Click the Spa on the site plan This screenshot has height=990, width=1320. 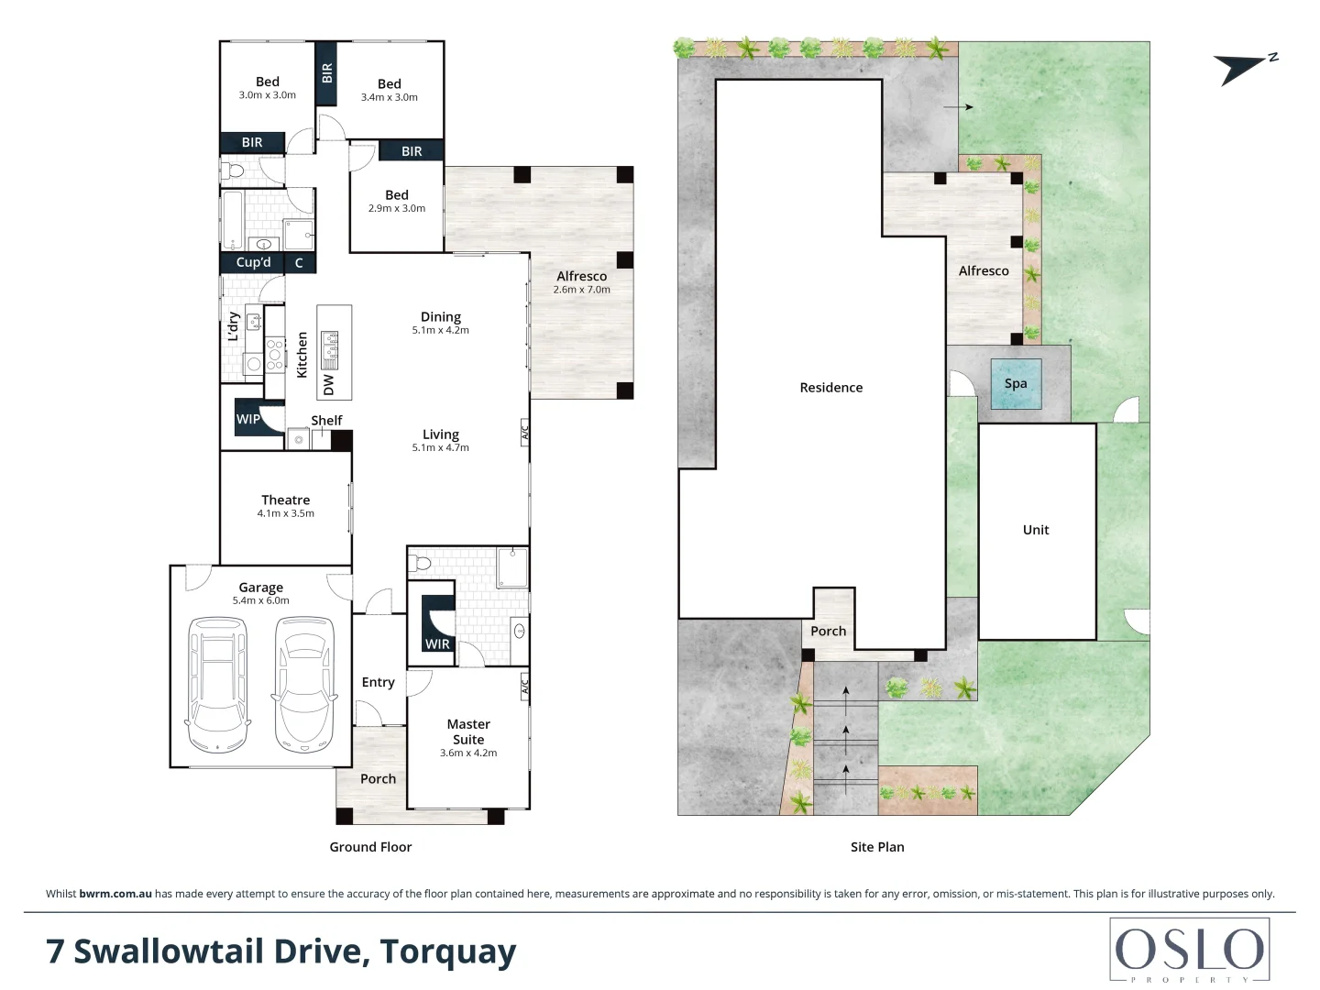[x=1016, y=383]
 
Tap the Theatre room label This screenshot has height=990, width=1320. [x=286, y=500]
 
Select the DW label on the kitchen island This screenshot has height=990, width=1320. [x=328, y=385]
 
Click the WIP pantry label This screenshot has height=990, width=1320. [x=247, y=419]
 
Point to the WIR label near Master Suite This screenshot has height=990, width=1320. [x=437, y=644]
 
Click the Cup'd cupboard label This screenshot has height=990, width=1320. [x=253, y=263]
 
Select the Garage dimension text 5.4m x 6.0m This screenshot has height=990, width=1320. [x=261, y=600]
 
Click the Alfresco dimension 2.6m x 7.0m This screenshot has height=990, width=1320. [x=581, y=290]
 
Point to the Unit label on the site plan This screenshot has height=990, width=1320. [x=1036, y=530]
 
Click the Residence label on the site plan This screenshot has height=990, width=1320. [x=831, y=388]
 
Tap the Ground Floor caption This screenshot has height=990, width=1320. [x=370, y=847]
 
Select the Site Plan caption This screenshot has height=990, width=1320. [x=877, y=847]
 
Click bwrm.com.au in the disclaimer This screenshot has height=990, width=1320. [x=115, y=894]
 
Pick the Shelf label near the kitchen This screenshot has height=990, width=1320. [x=326, y=420]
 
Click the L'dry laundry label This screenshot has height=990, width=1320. [x=234, y=326]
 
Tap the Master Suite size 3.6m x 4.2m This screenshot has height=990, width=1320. [x=468, y=753]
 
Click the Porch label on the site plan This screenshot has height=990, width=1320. [x=828, y=632]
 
